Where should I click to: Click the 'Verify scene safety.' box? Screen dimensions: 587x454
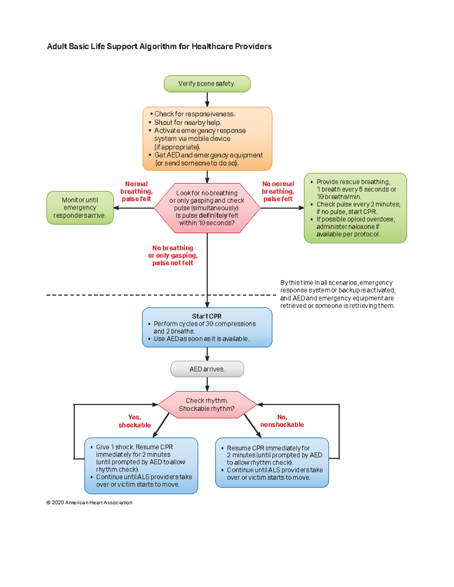click(x=207, y=84)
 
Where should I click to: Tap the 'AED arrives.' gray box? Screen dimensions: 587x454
click(x=207, y=369)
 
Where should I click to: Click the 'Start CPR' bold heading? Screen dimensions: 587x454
click(x=207, y=316)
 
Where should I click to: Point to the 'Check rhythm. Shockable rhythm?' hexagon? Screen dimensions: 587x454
click(x=207, y=404)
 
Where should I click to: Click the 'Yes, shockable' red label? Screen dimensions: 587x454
click(x=134, y=421)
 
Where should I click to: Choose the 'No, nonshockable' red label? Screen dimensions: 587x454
click(x=282, y=421)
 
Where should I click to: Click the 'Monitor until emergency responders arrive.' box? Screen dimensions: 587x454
click(x=80, y=208)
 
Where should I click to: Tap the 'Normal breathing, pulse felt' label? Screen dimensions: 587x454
click(x=136, y=191)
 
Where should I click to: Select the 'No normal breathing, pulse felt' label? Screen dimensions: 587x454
click(x=278, y=191)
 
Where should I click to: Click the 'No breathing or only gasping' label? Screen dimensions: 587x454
click(x=173, y=256)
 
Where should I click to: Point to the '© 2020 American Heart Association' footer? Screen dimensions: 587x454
click(x=89, y=502)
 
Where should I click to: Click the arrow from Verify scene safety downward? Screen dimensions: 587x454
click(x=207, y=99)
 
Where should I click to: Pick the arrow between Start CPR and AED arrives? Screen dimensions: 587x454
click(x=207, y=354)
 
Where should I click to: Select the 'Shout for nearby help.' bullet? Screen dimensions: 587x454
click(x=187, y=122)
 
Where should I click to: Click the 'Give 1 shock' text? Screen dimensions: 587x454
click(x=115, y=447)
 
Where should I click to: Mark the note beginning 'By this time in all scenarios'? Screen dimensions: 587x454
click(x=337, y=294)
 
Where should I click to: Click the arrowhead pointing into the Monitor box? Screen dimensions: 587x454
click(x=117, y=208)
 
